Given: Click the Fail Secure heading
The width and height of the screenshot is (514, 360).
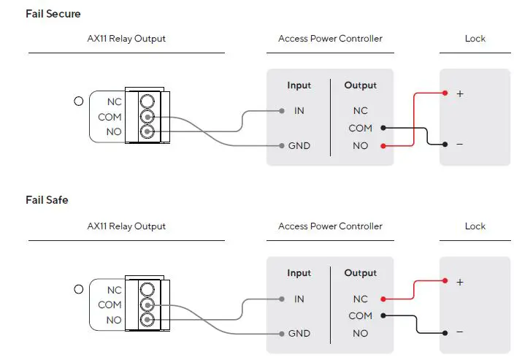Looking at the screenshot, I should (x=53, y=14).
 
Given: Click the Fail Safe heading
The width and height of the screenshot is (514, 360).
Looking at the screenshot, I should (x=47, y=199).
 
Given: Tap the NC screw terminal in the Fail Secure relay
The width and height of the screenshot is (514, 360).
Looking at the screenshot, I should (x=147, y=102).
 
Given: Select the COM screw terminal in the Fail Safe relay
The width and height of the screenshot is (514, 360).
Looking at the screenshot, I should (x=147, y=305).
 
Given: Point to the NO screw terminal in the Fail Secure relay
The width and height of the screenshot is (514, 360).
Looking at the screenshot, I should (x=147, y=132).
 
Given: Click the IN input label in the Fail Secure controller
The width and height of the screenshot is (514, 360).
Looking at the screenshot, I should (x=299, y=111).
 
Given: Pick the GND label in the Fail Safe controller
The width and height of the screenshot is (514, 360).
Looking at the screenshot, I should (x=299, y=333).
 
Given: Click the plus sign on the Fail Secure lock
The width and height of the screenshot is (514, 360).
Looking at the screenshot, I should (x=460, y=93).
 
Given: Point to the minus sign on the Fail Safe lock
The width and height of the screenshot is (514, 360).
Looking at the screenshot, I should (x=460, y=332).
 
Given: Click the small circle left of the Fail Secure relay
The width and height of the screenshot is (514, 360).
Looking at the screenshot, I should (x=79, y=102).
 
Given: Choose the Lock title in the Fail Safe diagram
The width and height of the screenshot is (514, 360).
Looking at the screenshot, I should (x=475, y=226).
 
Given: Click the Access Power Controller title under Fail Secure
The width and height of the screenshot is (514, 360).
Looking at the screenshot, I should (x=330, y=39).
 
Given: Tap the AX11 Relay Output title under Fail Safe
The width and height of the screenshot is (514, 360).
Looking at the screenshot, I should (x=126, y=226).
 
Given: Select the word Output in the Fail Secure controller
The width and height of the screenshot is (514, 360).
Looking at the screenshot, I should (x=360, y=85).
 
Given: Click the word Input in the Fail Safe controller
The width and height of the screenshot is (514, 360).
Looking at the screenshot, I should (x=299, y=273).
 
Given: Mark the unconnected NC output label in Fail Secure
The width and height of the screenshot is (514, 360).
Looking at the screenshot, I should (x=360, y=111).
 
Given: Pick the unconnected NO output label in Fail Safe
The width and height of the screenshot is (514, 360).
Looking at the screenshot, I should (x=360, y=333).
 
